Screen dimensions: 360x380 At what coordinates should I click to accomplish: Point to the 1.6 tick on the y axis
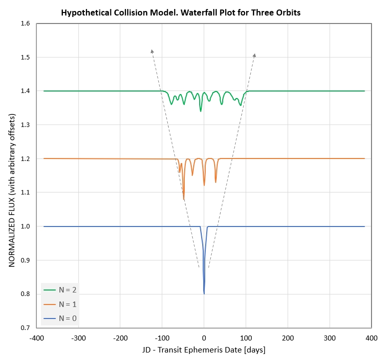tap(25, 23)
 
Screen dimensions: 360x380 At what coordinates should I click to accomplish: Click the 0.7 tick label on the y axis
tap(25, 328)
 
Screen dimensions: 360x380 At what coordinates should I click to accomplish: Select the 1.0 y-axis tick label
tap(25, 226)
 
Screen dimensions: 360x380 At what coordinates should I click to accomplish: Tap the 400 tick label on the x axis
tap(371, 338)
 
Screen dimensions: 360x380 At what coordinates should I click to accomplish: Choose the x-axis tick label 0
tap(204, 338)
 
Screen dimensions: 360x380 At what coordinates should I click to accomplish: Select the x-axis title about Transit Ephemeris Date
tap(204, 349)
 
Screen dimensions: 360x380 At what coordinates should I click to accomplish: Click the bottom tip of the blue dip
tap(204, 293)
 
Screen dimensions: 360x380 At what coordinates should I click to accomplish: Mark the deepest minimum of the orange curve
tap(184, 199)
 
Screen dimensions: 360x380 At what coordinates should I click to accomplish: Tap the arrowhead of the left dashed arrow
tap(152, 50)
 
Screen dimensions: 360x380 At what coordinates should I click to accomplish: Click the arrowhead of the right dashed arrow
tap(255, 54)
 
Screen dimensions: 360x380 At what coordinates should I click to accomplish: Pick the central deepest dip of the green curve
tap(201, 111)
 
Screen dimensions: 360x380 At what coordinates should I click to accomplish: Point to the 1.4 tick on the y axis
tap(25, 91)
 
